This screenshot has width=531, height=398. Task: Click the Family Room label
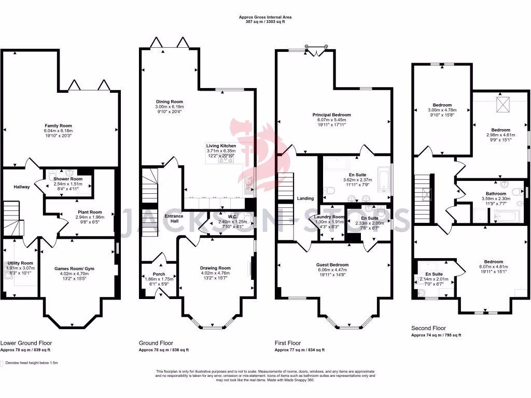click(58, 125)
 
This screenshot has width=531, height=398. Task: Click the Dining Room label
click(170, 102)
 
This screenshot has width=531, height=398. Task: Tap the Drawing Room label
click(215, 268)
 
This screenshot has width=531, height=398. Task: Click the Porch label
click(159, 274)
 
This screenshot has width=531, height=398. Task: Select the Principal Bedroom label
click(331, 115)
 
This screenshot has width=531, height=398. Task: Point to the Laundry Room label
click(329, 217)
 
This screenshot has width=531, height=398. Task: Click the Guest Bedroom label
click(332, 264)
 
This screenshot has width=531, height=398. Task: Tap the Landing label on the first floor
click(305, 198)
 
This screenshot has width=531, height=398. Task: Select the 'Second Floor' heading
click(428, 328)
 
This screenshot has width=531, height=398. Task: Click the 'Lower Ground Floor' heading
click(26, 343)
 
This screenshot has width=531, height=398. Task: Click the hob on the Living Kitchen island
click(226, 160)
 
